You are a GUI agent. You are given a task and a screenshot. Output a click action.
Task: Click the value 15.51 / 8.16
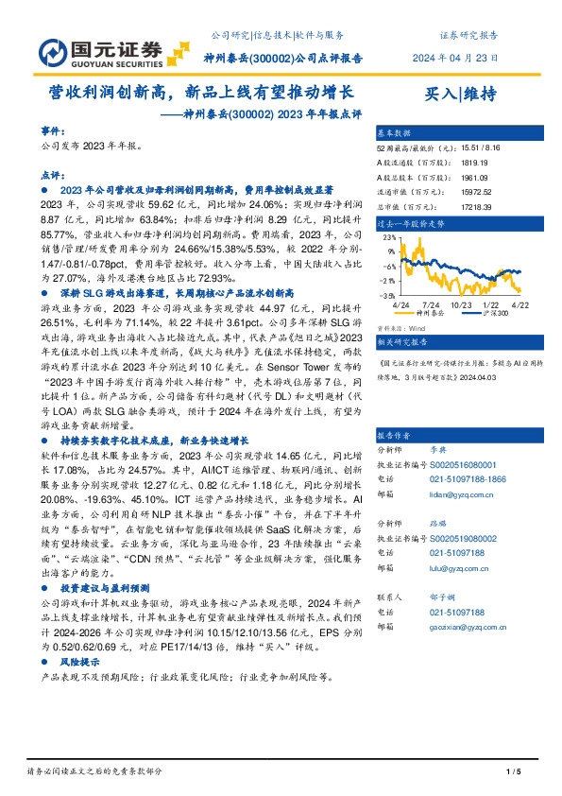click(x=484, y=148)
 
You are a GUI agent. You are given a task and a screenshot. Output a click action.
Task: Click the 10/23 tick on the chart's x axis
click(x=462, y=304)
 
